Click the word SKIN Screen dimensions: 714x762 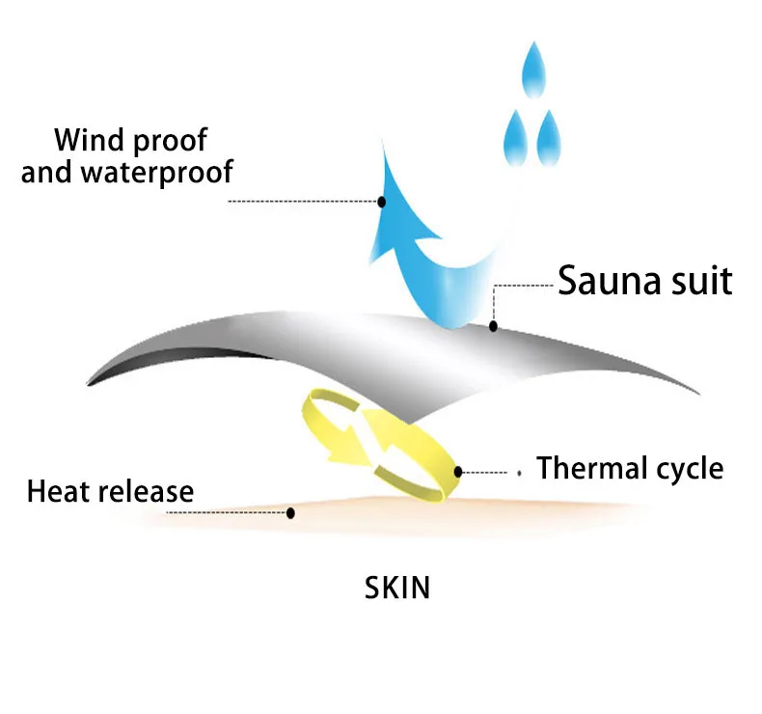tap(397, 587)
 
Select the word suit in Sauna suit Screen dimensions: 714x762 tap(699, 281)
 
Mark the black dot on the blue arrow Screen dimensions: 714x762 tap(382, 202)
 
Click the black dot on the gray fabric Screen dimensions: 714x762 tap(493, 326)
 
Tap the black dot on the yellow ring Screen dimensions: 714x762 tap(458, 472)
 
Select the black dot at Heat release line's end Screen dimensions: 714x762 tap(290, 512)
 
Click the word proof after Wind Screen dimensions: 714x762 tap(170, 141)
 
